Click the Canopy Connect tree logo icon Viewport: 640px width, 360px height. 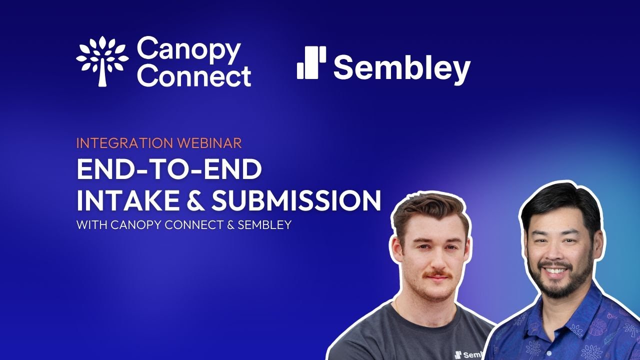[x=102, y=61]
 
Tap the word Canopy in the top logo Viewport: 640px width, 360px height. [x=188, y=50]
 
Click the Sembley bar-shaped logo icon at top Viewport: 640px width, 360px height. [x=311, y=63]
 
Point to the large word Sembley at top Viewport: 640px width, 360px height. [x=402, y=68]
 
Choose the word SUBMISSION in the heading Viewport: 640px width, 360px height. [x=296, y=200]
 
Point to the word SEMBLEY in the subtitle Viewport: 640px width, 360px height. [x=264, y=225]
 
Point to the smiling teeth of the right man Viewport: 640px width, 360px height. [x=556, y=270]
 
